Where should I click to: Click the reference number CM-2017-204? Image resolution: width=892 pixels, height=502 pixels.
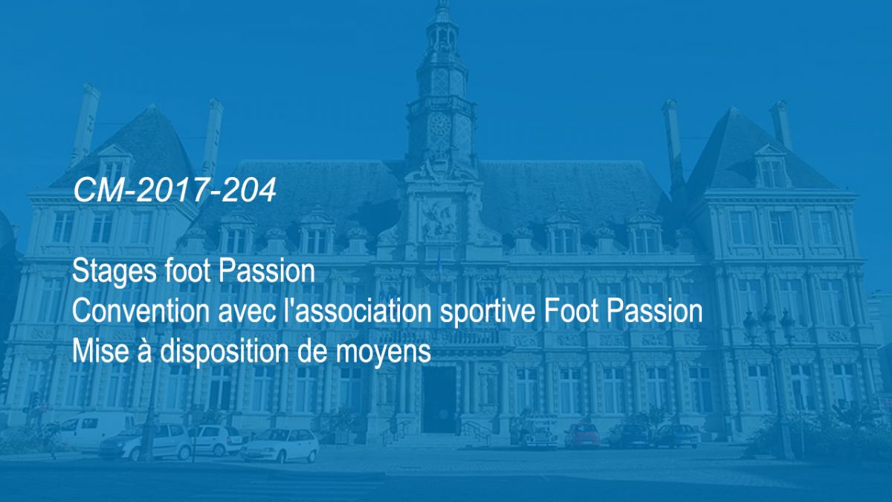[x=175, y=190]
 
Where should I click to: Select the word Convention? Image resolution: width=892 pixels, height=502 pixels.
[x=140, y=311]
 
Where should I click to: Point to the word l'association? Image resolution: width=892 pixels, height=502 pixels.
[x=358, y=311]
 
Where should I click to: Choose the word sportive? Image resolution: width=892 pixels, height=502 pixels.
[x=488, y=312]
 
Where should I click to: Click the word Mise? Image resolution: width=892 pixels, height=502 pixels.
[x=100, y=350]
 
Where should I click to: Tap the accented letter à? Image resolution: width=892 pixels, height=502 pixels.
[x=145, y=350]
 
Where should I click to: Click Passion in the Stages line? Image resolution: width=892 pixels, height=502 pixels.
[x=266, y=271]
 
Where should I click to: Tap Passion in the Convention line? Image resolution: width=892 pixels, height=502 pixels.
[x=654, y=311]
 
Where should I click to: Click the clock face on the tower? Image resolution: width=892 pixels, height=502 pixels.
[x=440, y=125]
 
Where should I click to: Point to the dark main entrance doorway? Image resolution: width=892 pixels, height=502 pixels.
[x=439, y=399]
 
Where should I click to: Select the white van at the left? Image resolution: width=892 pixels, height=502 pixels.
[x=96, y=431]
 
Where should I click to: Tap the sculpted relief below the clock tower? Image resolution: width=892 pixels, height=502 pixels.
[x=439, y=219]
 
